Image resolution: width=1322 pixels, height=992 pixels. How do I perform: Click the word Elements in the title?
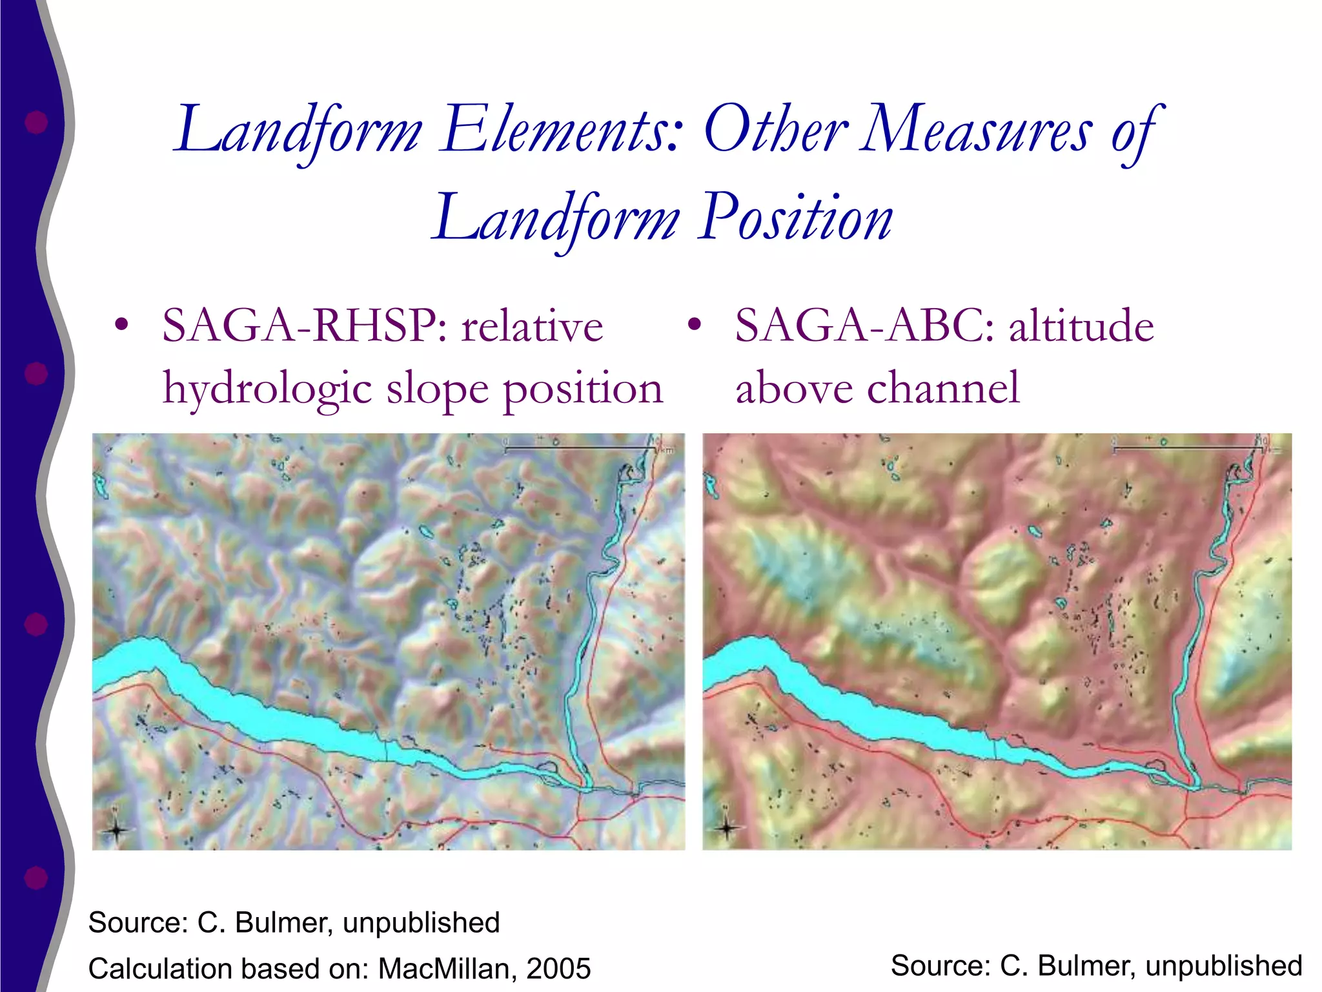(560, 130)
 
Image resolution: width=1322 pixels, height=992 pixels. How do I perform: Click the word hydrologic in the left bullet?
(267, 389)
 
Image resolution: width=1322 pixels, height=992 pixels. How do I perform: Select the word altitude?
(1082, 326)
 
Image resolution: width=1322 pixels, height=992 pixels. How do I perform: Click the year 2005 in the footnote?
(559, 969)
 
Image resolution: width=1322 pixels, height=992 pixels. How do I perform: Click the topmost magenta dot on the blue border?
(36, 121)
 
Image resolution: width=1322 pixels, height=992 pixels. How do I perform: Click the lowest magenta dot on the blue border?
(36, 877)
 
